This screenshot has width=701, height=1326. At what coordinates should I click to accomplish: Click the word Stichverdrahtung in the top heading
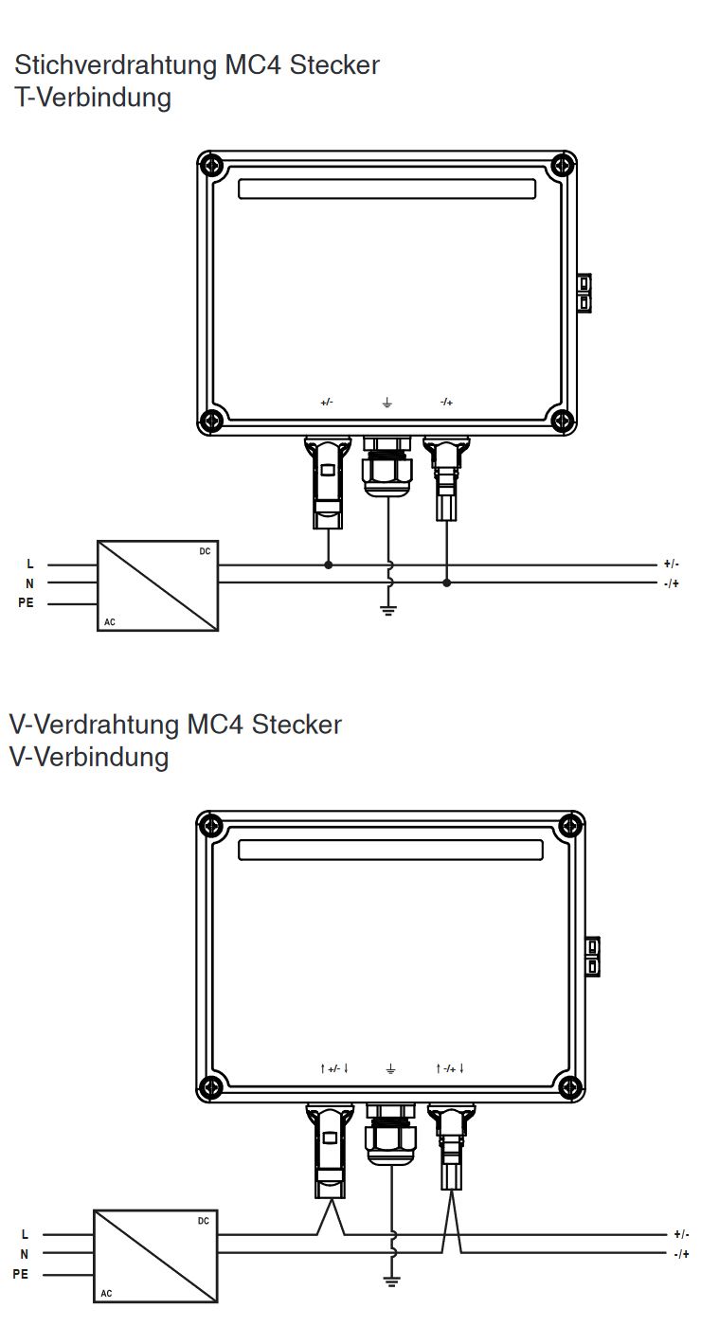pos(115,65)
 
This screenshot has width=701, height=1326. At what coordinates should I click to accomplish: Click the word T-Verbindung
pos(93,98)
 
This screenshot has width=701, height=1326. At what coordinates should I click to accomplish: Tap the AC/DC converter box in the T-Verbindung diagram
pos(158,585)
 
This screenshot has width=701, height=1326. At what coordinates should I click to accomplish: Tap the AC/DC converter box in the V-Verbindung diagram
pos(155,1255)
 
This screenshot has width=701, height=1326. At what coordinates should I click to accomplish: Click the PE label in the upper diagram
pos(26,603)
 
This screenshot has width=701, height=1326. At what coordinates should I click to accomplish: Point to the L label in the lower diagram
pos(25,1235)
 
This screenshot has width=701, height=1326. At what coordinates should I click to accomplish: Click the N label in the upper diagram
pos(29,583)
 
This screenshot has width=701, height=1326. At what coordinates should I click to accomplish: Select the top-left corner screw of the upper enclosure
pos(212,166)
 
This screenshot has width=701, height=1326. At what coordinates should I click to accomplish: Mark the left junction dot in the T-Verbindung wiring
pos(329,564)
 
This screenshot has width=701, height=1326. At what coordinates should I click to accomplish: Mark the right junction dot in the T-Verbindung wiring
pos(447,582)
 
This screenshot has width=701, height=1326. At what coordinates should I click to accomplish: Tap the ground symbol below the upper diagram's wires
pos(387,610)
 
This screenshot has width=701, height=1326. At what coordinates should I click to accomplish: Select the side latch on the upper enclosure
pos(584,294)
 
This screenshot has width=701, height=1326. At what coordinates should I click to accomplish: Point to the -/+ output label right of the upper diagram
pos(671,583)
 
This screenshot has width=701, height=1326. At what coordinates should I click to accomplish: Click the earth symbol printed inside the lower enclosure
pos(391,1069)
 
